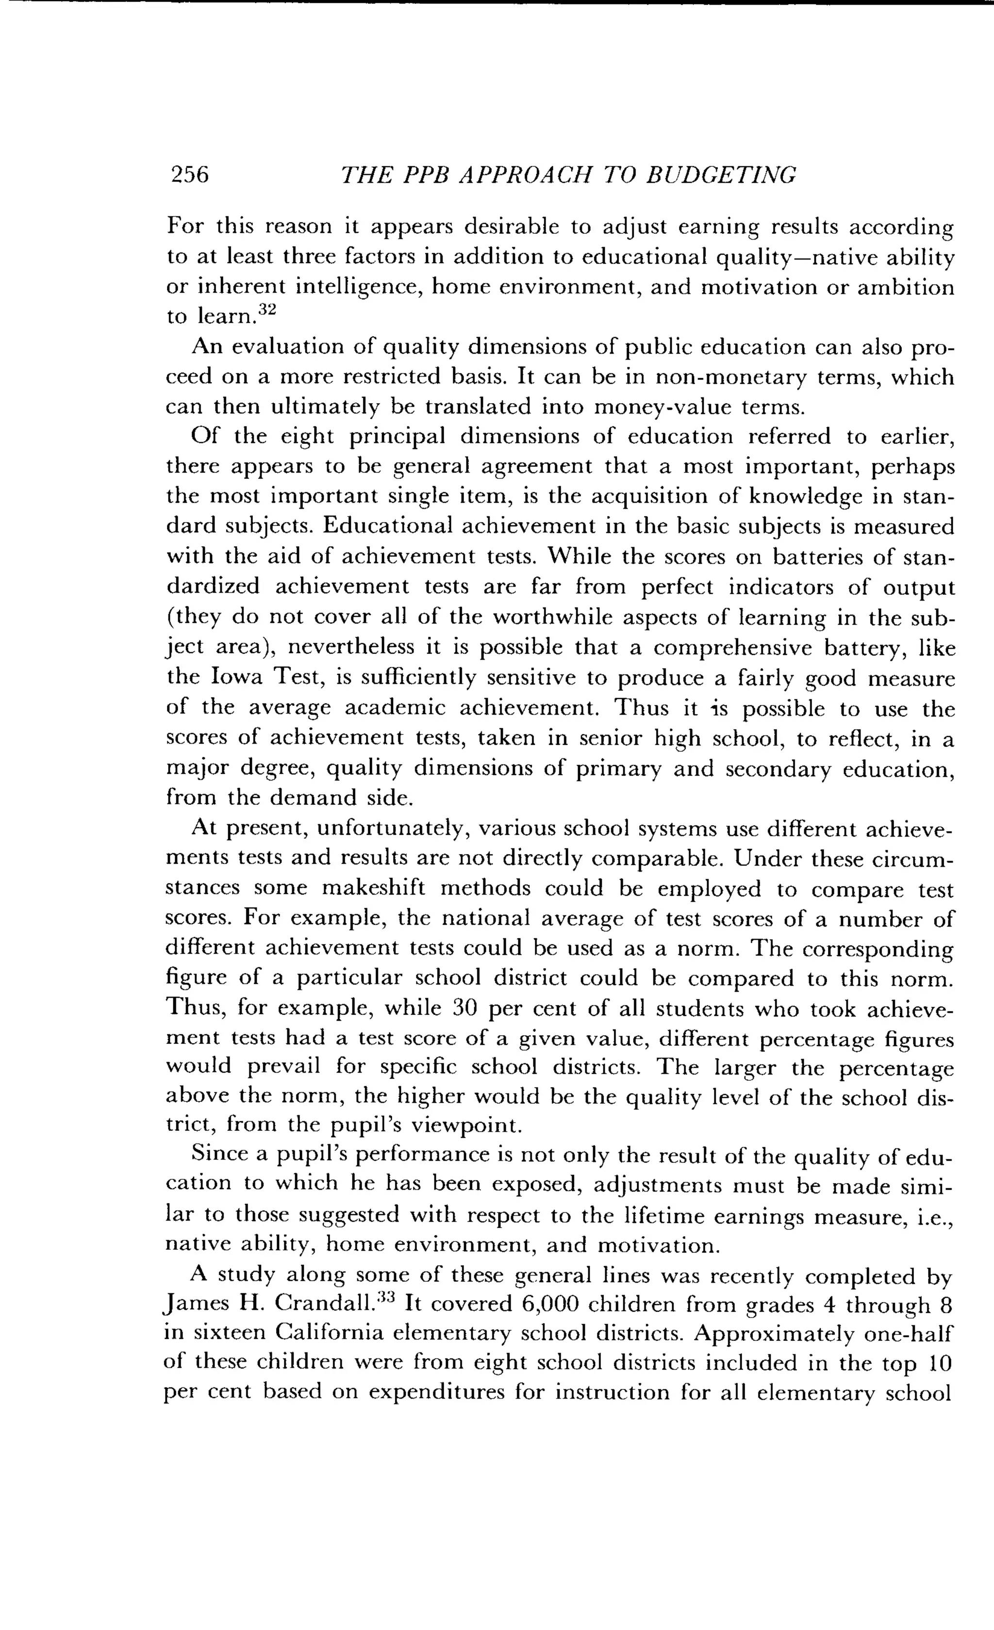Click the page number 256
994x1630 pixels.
point(190,174)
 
